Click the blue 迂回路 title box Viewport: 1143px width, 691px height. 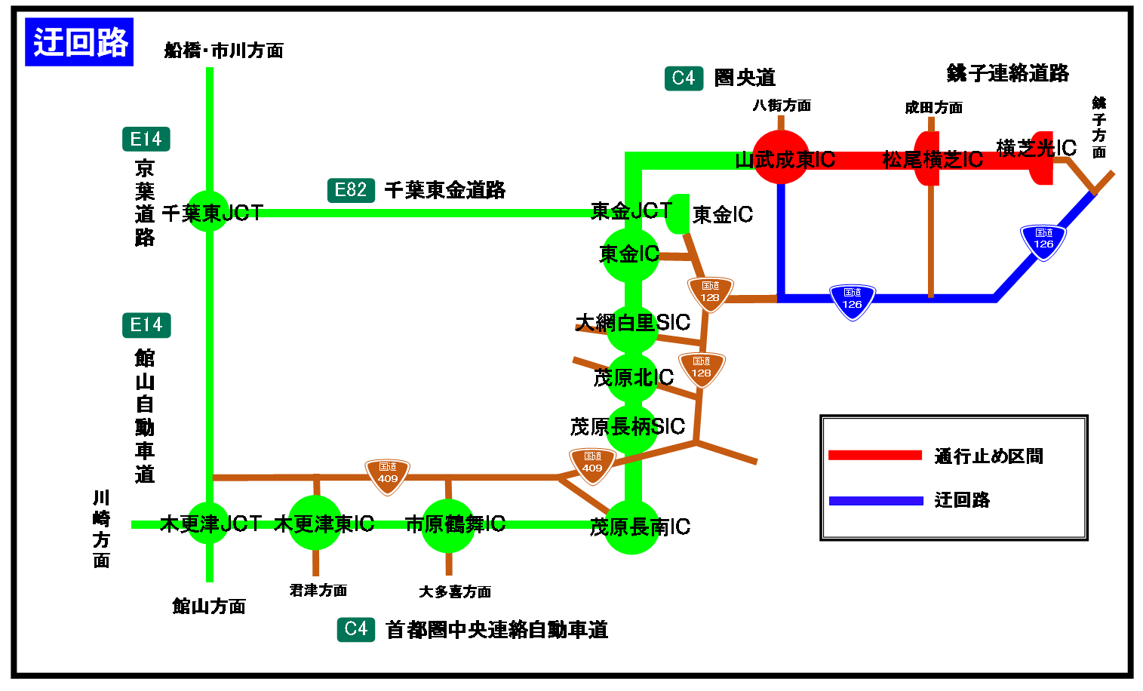pos(79,41)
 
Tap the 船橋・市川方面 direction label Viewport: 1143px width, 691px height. pos(241,51)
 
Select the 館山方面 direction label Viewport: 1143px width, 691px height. pos(227,618)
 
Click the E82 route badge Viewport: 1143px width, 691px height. pos(351,190)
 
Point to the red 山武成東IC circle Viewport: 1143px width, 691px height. pos(781,158)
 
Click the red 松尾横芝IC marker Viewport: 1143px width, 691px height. pos(927,159)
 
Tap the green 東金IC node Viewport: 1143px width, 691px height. pos(631,255)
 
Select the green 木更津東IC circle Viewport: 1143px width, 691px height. pos(315,523)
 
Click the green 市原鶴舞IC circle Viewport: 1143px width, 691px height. pos(448,525)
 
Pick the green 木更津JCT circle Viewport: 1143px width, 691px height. pos(208,523)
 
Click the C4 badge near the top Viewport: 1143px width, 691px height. pos(684,78)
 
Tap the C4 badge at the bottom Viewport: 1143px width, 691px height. pos(355,628)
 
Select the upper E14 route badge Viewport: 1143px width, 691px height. pos(146,139)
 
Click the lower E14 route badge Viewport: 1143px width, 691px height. pos(146,325)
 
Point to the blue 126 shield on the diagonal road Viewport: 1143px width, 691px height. pos(1043,241)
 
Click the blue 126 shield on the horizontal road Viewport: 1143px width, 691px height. pos(852,301)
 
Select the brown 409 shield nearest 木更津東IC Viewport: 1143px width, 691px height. pos(387,475)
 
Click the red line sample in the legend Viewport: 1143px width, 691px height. pos(875,455)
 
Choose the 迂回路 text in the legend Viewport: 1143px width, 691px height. pos(962,500)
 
